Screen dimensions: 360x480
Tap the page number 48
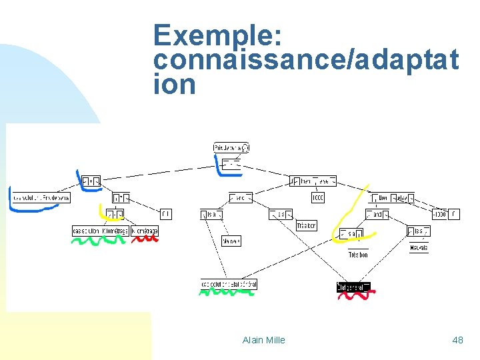(457, 340)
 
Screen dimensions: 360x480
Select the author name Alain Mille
(264, 340)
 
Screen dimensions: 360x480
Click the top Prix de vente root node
(231, 147)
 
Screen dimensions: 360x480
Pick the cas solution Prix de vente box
(41, 197)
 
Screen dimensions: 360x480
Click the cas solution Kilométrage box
(100, 231)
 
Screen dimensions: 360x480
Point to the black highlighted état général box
(353, 287)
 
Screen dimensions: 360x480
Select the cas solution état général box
(229, 285)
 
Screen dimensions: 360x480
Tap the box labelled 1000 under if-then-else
(318, 197)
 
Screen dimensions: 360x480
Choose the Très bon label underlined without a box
(358, 255)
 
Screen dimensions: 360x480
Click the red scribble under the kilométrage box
(145, 239)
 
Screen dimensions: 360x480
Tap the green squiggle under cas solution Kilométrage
(99, 241)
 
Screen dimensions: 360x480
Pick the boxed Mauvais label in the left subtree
(231, 241)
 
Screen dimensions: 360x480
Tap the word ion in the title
(175, 85)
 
